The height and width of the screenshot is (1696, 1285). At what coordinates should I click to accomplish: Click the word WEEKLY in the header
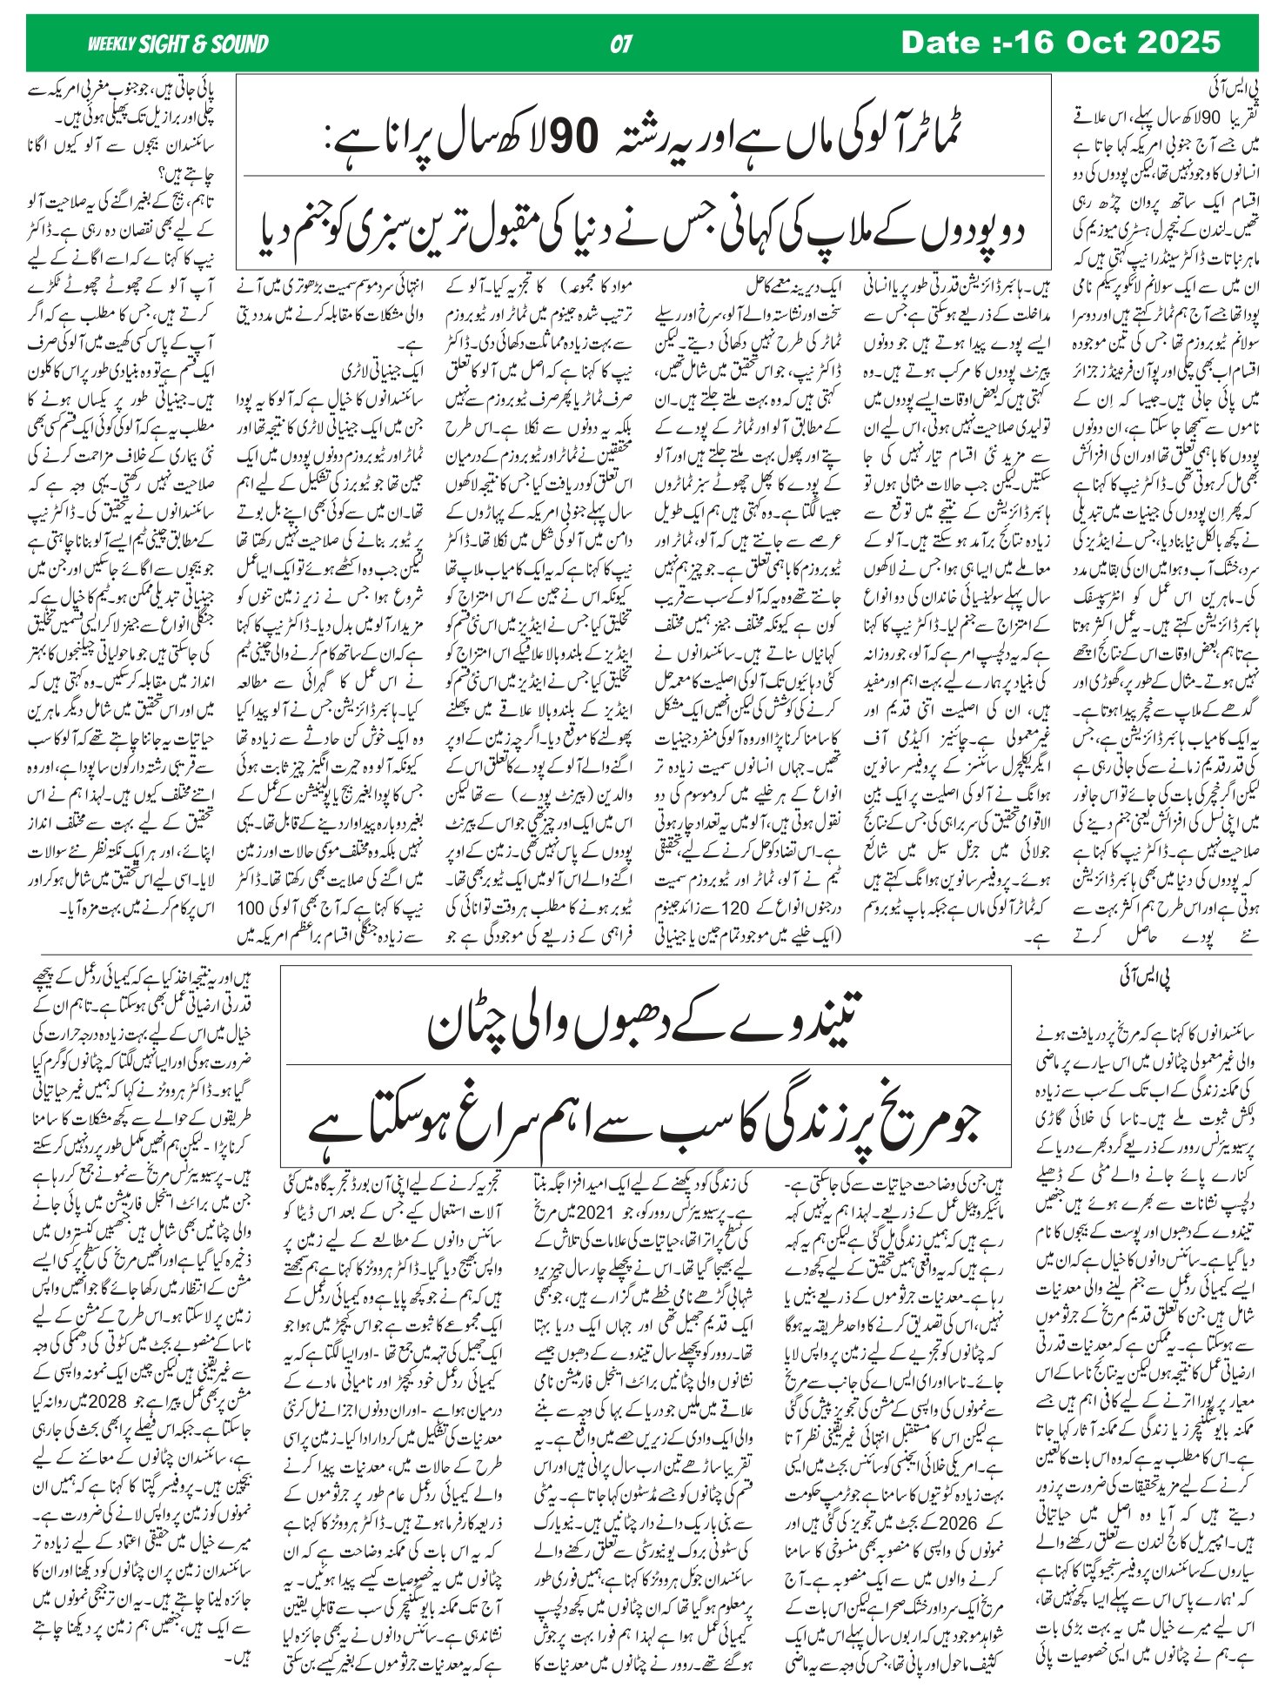pos(111,44)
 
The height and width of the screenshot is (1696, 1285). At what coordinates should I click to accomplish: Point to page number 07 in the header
pos(621,44)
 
